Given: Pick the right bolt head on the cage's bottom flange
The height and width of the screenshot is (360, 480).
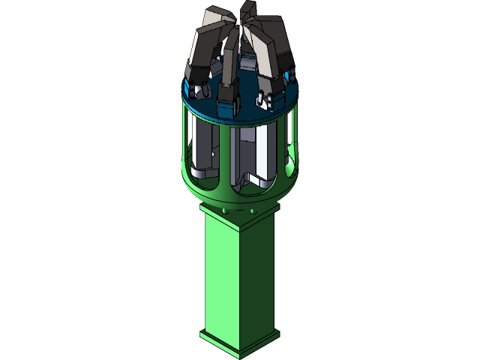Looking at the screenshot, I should (x=253, y=212).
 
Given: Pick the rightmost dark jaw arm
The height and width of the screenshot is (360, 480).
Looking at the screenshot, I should (x=283, y=49).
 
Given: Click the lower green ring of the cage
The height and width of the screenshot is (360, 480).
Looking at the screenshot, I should (x=240, y=199).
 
